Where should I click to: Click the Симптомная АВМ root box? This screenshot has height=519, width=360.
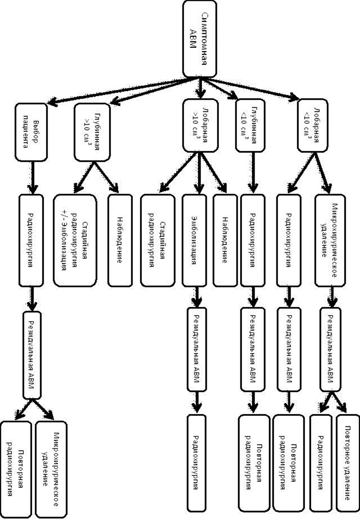click(199, 39)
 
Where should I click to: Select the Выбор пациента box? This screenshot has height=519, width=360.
click(31, 132)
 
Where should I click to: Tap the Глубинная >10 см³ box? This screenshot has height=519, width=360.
click(92, 132)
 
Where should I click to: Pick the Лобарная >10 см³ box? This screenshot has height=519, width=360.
click(199, 125)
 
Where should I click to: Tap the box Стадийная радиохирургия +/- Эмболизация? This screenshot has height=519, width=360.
click(75, 240)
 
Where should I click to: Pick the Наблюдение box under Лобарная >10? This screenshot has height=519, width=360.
click(225, 240)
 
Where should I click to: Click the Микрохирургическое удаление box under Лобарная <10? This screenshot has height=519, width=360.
click(330, 240)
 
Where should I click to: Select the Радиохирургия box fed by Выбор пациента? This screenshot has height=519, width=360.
click(31, 240)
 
